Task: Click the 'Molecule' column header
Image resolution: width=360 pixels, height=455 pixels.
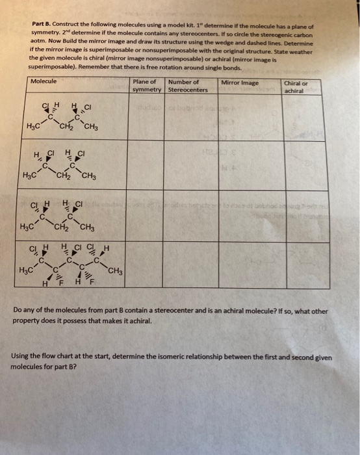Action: [x=44, y=81]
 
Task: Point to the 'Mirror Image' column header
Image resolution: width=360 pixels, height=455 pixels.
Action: [x=240, y=83]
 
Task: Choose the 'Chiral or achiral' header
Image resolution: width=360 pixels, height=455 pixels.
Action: [x=296, y=86]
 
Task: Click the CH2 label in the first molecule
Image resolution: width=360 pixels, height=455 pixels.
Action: [x=66, y=126]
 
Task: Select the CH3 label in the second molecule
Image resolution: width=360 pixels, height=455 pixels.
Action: [x=90, y=174]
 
